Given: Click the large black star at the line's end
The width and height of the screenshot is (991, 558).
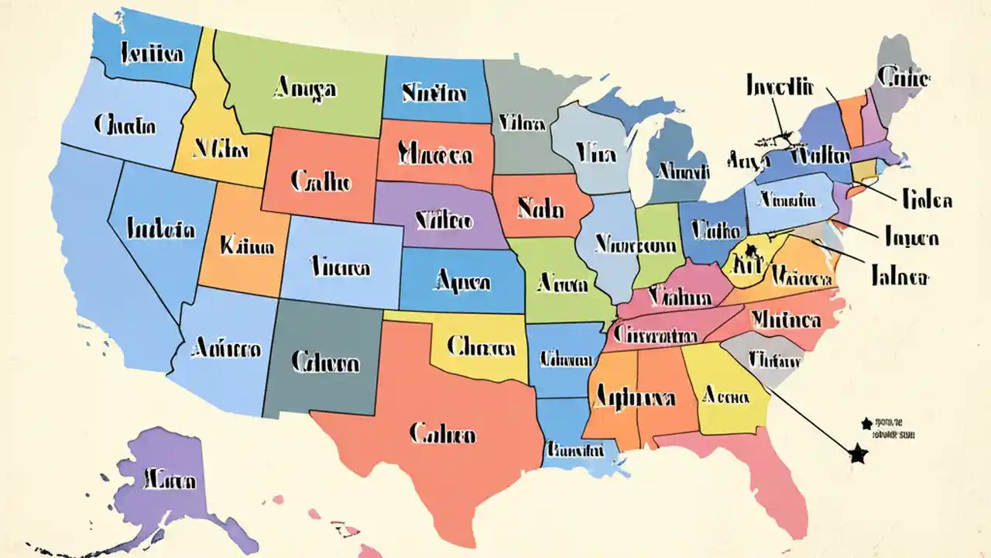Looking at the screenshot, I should (x=857, y=454).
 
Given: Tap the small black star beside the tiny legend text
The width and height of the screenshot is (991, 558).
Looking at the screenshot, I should (x=866, y=423).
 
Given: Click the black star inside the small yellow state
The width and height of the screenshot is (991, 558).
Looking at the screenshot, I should (x=750, y=250).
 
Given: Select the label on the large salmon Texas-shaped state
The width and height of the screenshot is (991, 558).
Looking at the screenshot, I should (x=442, y=434).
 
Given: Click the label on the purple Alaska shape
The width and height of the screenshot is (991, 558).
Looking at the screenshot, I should (x=170, y=480).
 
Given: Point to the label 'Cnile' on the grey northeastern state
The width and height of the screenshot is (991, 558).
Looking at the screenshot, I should (x=904, y=77).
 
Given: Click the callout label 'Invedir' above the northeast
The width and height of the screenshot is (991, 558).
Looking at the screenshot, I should (x=781, y=84).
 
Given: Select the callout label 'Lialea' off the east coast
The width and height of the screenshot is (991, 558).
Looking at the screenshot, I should (x=927, y=200).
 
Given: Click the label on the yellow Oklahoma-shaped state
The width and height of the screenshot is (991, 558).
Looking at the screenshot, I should (x=482, y=348).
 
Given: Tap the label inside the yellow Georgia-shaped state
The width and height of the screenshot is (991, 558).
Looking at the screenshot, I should (x=725, y=397).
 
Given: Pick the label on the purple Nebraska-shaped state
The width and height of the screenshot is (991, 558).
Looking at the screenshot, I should (x=444, y=221).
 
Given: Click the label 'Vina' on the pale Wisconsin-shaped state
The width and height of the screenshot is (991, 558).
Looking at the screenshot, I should (x=596, y=154).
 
